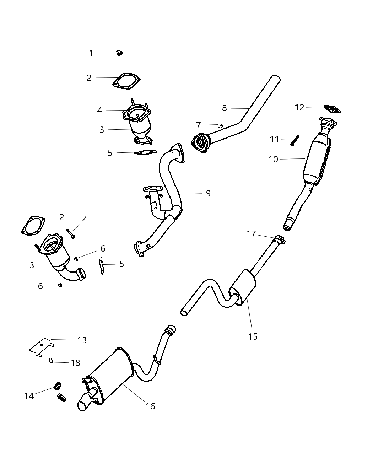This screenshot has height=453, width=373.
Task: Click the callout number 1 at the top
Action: (x=91, y=53)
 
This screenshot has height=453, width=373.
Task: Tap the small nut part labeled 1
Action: (x=119, y=53)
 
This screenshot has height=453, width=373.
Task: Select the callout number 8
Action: (x=224, y=108)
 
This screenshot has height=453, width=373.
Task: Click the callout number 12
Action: (x=299, y=107)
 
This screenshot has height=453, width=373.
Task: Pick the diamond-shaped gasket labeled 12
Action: (x=333, y=109)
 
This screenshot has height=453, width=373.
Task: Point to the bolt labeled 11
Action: (x=294, y=141)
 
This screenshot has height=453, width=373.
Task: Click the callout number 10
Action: (x=273, y=159)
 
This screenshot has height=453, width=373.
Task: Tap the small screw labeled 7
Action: (x=220, y=126)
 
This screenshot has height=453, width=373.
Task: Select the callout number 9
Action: (x=208, y=193)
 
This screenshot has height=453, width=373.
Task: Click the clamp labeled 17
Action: (x=280, y=240)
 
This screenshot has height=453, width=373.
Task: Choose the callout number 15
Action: (x=253, y=336)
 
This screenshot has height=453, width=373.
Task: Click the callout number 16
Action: (x=150, y=406)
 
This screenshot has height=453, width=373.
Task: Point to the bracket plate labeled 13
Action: (x=41, y=346)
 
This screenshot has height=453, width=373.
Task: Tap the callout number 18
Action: (x=75, y=363)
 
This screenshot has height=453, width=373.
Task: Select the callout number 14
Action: (x=29, y=395)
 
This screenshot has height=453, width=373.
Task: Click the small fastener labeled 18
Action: (x=51, y=362)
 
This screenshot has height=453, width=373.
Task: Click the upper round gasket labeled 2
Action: (x=126, y=81)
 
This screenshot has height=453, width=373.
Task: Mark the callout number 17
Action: (x=251, y=234)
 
